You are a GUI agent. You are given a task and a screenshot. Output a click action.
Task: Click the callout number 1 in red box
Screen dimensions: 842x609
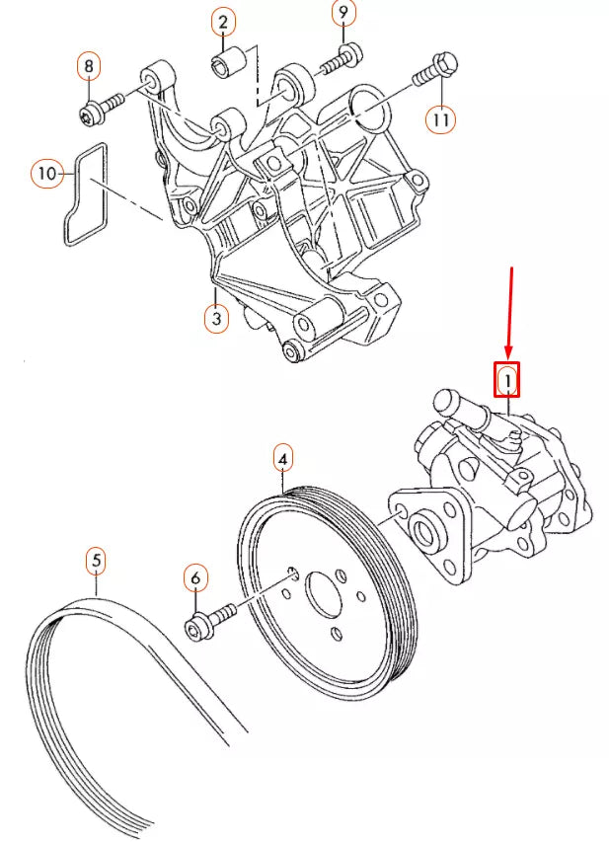506,379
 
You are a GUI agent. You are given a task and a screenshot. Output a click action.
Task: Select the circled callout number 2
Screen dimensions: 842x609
222,22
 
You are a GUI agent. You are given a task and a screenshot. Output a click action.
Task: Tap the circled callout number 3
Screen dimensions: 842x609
216,318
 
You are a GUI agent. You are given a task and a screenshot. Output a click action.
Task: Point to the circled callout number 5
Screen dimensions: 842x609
96,561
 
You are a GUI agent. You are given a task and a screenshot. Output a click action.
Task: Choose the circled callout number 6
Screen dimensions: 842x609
195,576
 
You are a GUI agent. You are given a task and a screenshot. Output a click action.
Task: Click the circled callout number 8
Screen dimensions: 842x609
89,66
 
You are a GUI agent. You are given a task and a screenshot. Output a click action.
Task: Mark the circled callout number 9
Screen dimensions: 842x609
343,13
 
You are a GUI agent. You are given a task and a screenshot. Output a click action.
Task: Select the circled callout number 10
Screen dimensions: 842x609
45,174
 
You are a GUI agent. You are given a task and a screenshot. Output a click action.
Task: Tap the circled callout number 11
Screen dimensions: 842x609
441,119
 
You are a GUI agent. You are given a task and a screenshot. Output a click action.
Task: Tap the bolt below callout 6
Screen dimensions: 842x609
209,621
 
